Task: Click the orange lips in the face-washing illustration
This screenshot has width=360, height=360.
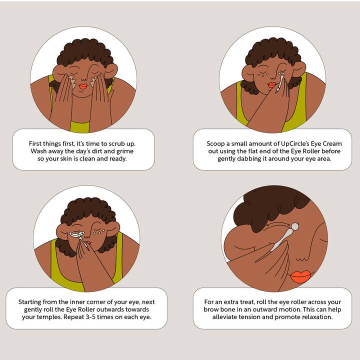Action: point(83,86)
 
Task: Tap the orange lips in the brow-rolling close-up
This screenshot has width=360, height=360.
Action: point(301,276)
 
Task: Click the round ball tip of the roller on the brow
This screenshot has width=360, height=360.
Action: point(295,227)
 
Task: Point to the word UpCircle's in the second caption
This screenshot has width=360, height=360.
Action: point(295,143)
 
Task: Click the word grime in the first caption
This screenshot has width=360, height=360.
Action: point(125,151)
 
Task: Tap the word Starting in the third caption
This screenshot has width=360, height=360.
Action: point(29,302)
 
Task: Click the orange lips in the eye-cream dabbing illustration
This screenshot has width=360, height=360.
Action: point(271,85)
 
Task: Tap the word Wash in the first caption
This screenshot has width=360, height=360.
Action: point(39,151)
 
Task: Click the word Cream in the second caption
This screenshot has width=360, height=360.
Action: point(332,143)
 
